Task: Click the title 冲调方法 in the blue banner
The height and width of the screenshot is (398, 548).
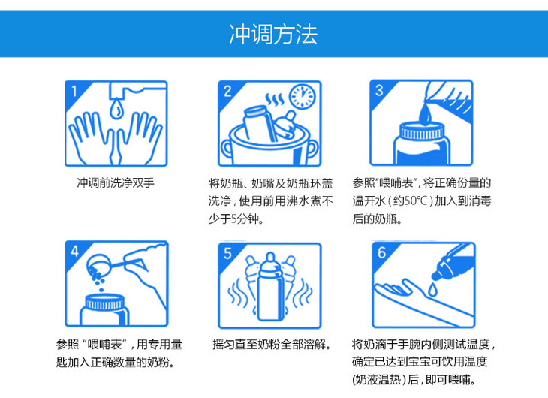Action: pos(273,35)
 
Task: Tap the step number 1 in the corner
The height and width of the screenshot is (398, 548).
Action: pos(74,92)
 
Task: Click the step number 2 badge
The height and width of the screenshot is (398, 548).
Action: pos(227,92)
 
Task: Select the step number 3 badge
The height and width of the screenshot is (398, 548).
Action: pos(380,91)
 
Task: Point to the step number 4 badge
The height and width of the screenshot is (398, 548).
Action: pos(75,251)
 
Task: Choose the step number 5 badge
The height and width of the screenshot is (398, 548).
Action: pos(228,253)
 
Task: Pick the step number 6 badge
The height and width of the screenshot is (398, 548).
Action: pos(381,252)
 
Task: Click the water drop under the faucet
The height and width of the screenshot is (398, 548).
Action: pos(116,109)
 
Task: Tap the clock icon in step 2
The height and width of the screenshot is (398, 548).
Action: pos(303,96)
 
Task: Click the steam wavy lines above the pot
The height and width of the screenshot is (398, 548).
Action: pos(275,100)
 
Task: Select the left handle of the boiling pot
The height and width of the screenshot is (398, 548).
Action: pos(226,149)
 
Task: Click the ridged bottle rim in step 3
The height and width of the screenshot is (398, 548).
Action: pos(423,131)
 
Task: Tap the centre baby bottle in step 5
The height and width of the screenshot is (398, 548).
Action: pos(270,286)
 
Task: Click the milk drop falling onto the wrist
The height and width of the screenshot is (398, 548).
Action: pos(433,290)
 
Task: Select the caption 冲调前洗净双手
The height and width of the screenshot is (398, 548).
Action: pos(116,183)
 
